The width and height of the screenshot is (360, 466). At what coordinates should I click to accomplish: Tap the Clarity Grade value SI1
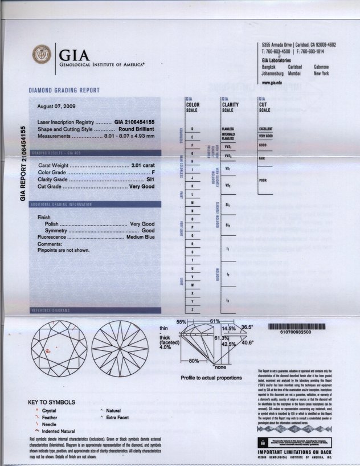click(151, 179)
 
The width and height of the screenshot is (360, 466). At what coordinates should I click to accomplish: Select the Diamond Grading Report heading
click(64, 90)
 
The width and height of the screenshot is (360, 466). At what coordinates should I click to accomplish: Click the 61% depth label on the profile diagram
click(215, 322)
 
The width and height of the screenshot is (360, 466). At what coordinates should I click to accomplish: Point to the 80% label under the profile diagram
click(194, 361)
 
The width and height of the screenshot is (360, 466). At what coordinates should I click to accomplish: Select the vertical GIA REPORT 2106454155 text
click(23, 164)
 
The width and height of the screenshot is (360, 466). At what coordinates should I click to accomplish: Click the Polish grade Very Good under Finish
click(142, 224)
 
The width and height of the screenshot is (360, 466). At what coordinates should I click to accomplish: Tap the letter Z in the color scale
click(192, 309)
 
